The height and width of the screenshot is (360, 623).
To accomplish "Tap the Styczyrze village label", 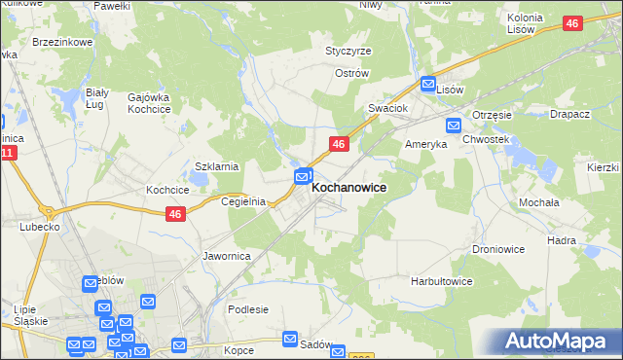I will coord(348,51).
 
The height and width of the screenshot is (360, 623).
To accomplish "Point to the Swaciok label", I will coord(386,108).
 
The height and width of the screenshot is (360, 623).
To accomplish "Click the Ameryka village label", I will coord(425,143).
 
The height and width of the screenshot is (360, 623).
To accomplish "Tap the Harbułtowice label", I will coord(441,281).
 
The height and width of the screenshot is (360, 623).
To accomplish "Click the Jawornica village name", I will coord(227,256).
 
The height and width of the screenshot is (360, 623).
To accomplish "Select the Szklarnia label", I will coord(217,166).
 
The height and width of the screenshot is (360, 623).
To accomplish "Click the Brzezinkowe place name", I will coord(62,43).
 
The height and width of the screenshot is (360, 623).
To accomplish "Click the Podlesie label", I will coord(247,309).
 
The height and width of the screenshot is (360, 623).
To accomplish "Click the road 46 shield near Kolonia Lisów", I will coord(572,23).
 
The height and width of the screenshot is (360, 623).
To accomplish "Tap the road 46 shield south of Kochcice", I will coord(175,215).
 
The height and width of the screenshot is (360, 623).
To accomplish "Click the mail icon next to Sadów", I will coord(290,339).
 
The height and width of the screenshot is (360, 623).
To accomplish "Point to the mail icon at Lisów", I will coord(426,83).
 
